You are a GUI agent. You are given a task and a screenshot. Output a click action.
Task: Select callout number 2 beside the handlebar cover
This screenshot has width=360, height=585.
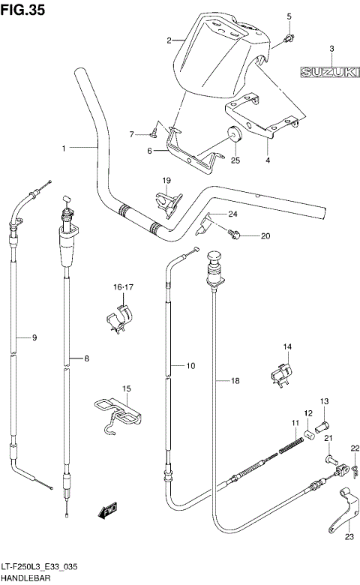(x=169, y=40)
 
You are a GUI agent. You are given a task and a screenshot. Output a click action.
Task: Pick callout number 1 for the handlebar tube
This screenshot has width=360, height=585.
(x=64, y=148)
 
